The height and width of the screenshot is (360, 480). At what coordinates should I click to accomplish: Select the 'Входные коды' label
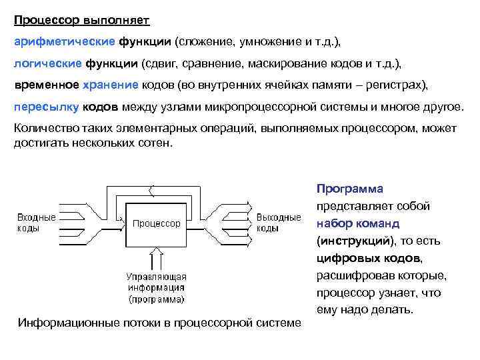point(36,223)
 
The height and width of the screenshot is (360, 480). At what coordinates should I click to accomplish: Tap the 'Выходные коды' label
point(278,223)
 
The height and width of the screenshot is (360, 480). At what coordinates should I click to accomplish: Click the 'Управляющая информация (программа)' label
point(157,287)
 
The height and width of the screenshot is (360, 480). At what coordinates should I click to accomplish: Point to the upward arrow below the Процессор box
point(157,260)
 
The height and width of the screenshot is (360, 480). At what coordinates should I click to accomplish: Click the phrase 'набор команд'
point(358,223)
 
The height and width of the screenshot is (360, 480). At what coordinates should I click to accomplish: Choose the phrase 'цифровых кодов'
point(369,258)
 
